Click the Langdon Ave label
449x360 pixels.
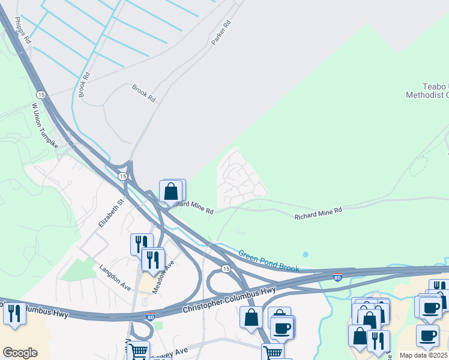(x=115, y=277)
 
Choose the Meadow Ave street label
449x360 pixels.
(x=163, y=276)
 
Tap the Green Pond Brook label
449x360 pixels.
(x=268, y=261)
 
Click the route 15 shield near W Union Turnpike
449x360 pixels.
(x=41, y=95)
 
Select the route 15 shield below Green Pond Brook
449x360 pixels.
(x=225, y=268)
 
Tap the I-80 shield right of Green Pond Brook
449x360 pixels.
(x=339, y=278)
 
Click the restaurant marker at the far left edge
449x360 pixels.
(x=13, y=314)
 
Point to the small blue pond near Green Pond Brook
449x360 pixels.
(x=306, y=254)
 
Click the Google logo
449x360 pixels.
(x=20, y=353)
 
